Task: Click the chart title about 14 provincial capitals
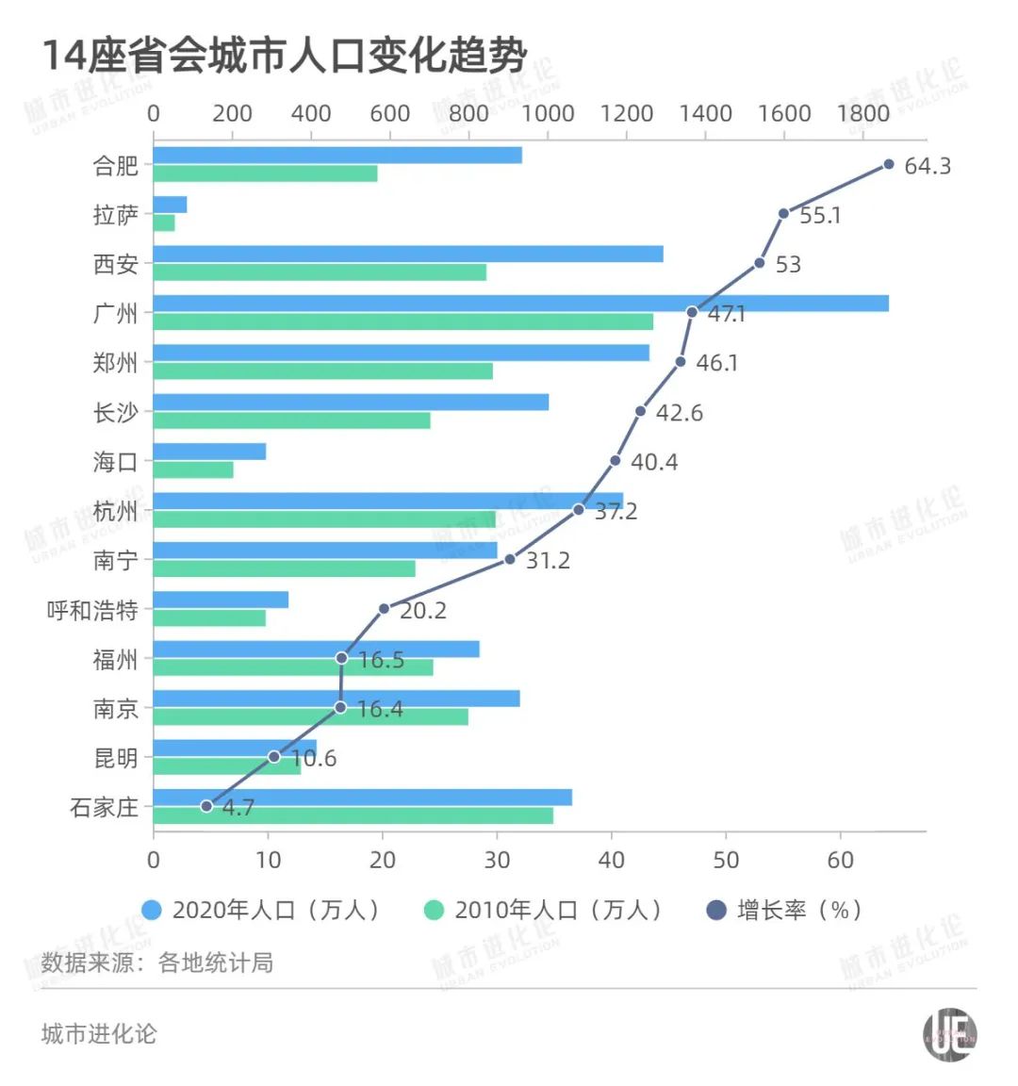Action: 283,56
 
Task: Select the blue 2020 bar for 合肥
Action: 337,156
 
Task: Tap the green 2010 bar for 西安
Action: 320,272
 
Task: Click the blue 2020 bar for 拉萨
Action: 170,205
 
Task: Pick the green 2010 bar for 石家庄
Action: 353,815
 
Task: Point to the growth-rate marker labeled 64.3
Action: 888,165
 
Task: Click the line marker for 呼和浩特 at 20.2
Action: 384,609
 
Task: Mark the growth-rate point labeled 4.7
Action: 206,806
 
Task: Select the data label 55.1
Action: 819,215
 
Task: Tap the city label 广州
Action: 115,313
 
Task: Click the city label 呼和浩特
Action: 92,610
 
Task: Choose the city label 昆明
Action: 115,758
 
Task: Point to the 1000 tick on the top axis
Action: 548,114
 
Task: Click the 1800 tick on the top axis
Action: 863,114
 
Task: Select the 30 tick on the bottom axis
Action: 497,860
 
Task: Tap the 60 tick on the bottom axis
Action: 840,860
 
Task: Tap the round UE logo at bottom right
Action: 948,1034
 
